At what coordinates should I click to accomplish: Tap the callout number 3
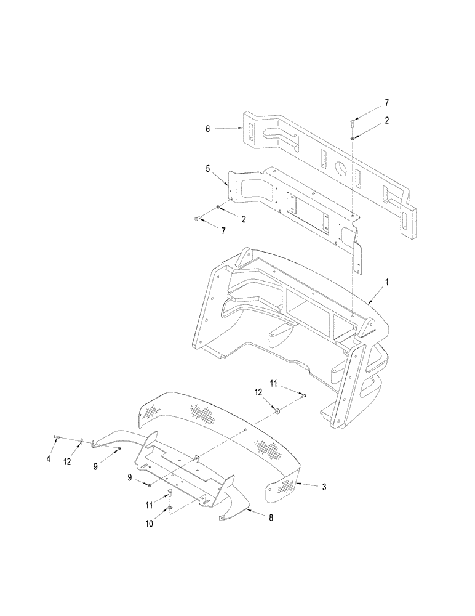(324, 486)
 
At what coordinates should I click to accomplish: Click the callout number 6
(208, 129)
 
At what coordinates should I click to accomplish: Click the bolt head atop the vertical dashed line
(352, 123)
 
